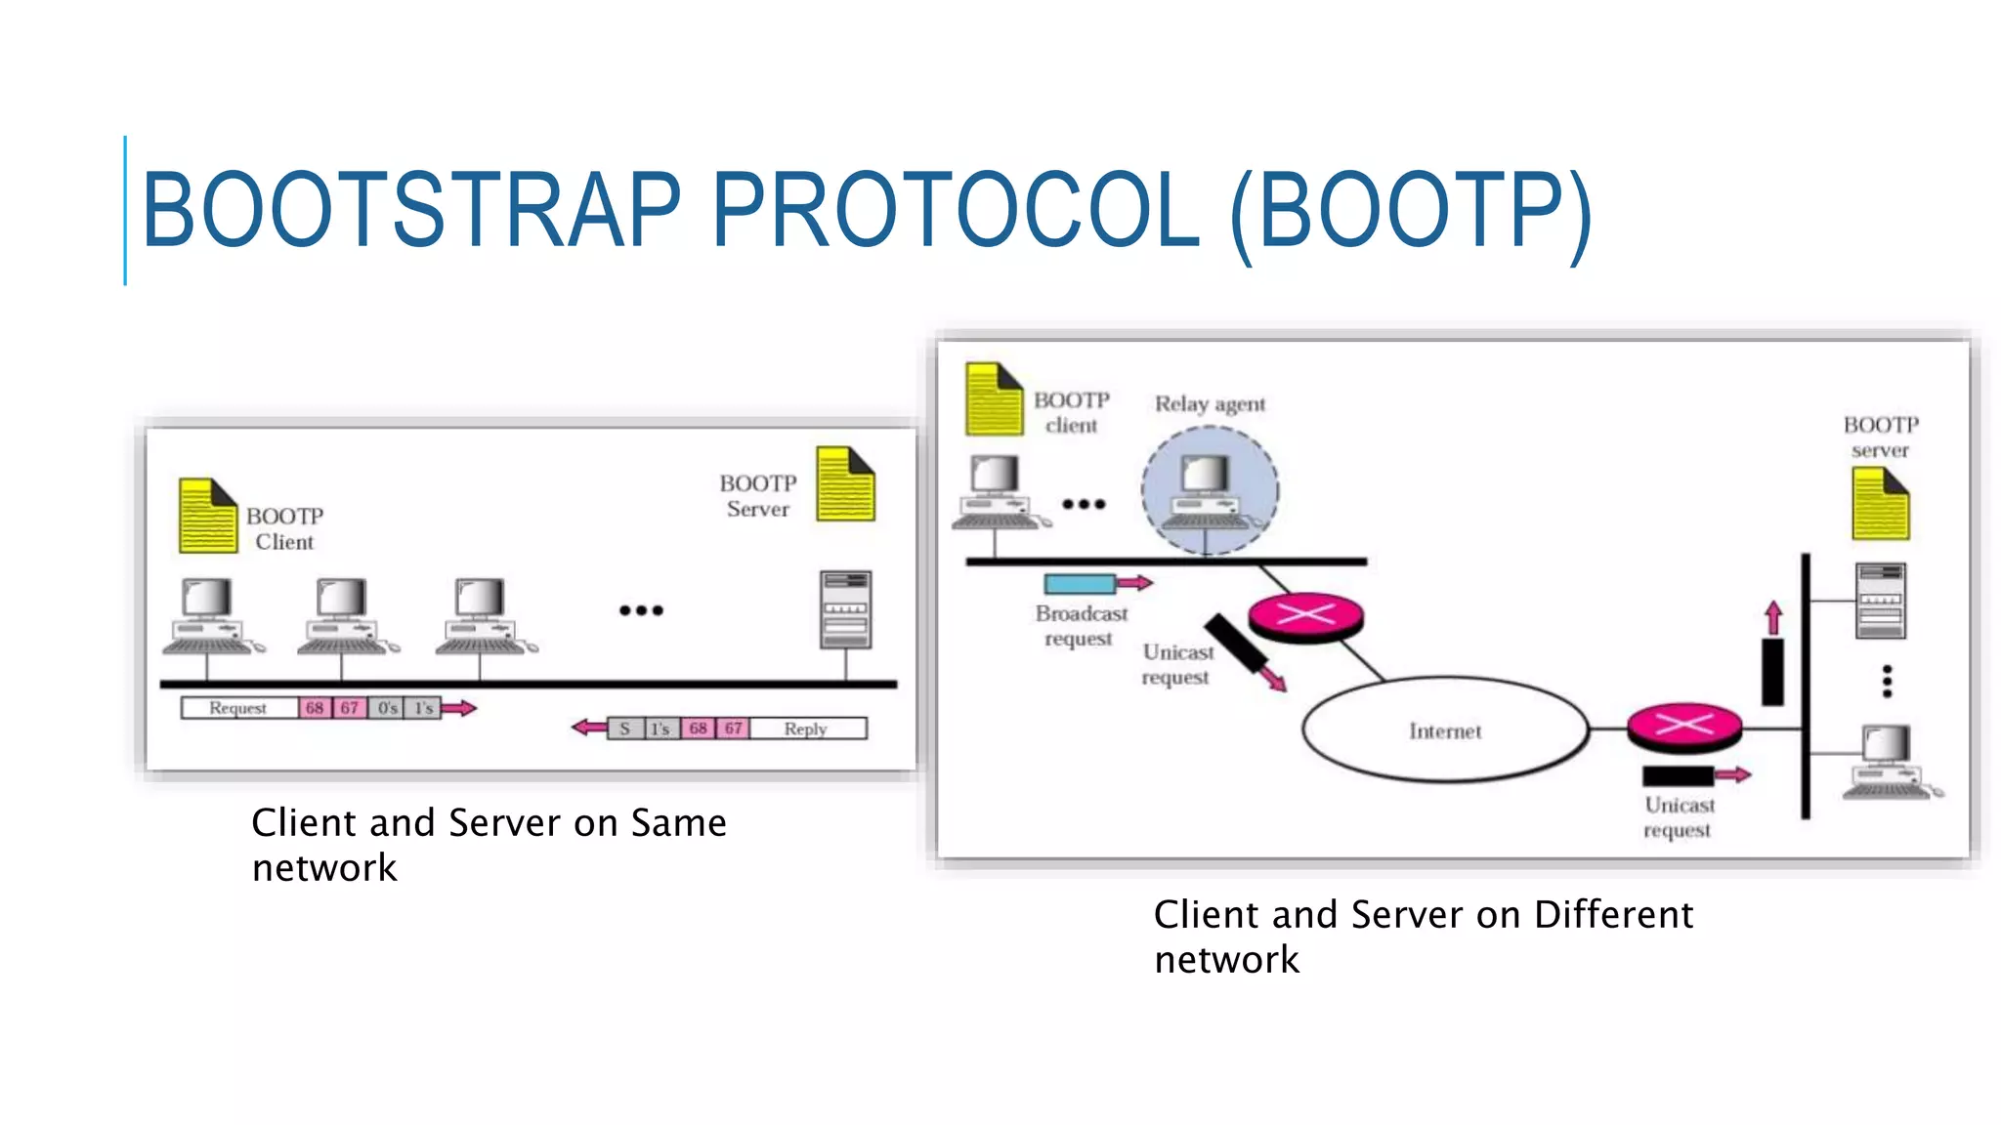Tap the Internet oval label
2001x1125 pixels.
click(x=1444, y=730)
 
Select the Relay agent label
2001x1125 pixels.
click(x=1210, y=403)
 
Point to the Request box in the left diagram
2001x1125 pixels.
click(x=238, y=708)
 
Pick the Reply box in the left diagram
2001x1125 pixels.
click(x=806, y=729)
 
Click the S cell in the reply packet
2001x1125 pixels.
click(x=625, y=729)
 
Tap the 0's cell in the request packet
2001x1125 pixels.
click(x=388, y=708)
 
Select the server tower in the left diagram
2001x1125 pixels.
click(x=845, y=610)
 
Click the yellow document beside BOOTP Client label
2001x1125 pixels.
click(x=207, y=516)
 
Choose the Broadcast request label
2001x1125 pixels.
click(x=1081, y=625)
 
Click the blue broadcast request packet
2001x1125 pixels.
click(x=1080, y=584)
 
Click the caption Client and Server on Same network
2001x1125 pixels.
click(x=489, y=844)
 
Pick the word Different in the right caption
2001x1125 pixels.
click(x=1613, y=915)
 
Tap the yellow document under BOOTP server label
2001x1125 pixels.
click(x=1880, y=504)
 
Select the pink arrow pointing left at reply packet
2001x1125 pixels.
click(x=589, y=728)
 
